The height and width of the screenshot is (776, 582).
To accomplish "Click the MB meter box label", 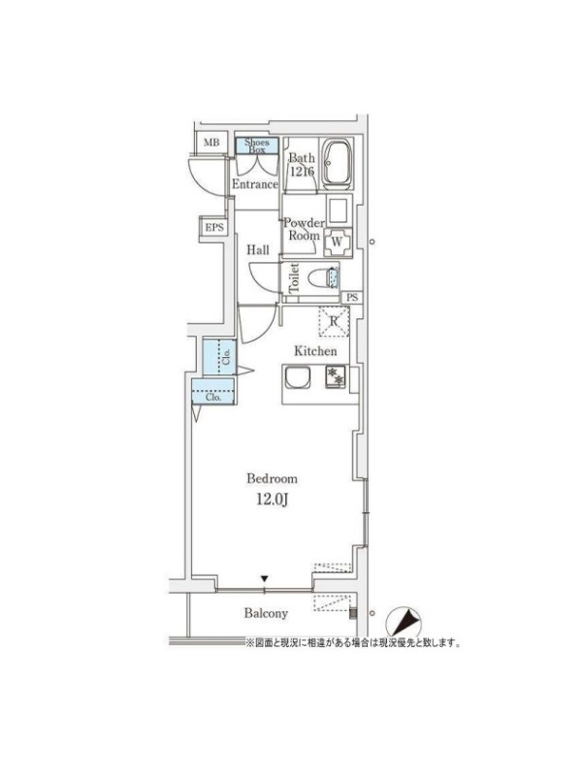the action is (211, 143).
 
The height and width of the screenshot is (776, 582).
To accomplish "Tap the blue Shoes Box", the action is (257, 145).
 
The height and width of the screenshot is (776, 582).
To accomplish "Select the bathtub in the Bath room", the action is (337, 163).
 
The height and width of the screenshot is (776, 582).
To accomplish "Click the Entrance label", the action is (255, 184).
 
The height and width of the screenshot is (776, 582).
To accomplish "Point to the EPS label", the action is (214, 228).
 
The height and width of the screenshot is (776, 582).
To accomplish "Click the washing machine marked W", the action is (338, 242).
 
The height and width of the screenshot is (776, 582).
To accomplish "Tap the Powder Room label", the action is (304, 229).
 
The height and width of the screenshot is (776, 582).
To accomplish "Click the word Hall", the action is (258, 250).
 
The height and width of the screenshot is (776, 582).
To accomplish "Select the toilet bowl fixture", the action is (324, 278).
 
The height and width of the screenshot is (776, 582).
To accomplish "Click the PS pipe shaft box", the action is (352, 298).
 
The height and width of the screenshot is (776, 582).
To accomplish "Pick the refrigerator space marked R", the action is (334, 321).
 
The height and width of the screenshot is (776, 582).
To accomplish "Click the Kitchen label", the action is (315, 351).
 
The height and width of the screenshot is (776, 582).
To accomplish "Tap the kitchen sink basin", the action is (297, 378).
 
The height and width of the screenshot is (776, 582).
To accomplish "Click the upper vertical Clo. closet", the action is (219, 357).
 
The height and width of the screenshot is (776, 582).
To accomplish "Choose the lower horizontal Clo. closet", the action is (212, 392).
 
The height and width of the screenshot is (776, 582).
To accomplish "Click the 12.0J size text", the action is (273, 500).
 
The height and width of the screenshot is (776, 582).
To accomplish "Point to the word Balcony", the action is (266, 614).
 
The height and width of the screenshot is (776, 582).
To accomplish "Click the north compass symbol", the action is (403, 622).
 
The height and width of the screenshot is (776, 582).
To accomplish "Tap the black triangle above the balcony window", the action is (265, 578).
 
